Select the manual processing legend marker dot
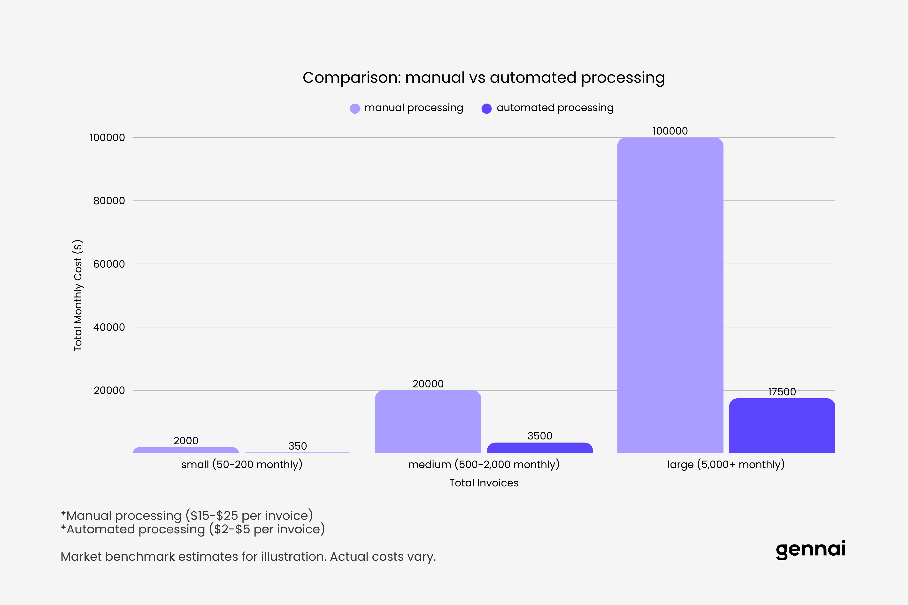355,108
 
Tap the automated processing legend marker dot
486,108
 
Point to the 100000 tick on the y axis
107,138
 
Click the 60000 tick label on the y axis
109,264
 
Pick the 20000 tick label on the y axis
109,391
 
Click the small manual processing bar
186,450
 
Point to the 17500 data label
782,392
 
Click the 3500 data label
540,436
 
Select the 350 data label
298,446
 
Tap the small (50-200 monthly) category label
242,465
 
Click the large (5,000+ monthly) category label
726,465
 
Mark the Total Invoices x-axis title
484,483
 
